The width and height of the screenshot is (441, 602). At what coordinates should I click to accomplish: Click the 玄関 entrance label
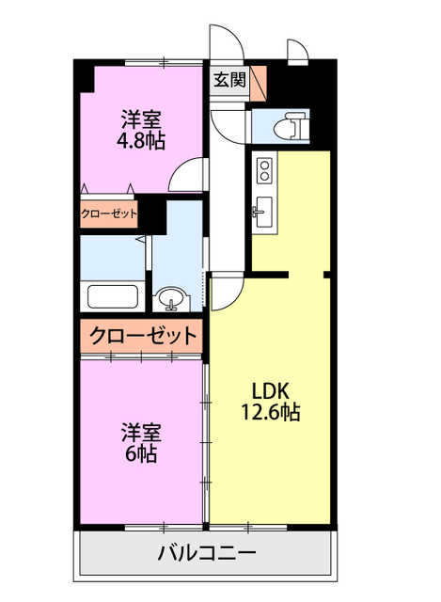[x=228, y=80]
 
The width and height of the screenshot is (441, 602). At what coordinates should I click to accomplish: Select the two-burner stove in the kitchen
[x=264, y=170]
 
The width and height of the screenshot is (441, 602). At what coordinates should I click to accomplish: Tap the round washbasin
[x=170, y=299]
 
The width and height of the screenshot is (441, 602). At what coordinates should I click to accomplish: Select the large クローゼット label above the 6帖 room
[x=143, y=335]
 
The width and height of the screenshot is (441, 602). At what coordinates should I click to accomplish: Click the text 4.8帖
[x=141, y=142]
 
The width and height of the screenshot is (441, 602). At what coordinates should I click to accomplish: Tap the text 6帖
[x=141, y=453]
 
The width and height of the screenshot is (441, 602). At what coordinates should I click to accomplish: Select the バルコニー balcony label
[x=205, y=552]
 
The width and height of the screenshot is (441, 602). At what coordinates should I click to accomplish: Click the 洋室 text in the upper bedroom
[x=141, y=120]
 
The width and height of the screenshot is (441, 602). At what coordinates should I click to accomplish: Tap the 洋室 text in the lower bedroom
[x=141, y=432]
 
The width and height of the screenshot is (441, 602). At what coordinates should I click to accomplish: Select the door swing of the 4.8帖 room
[x=192, y=176]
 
